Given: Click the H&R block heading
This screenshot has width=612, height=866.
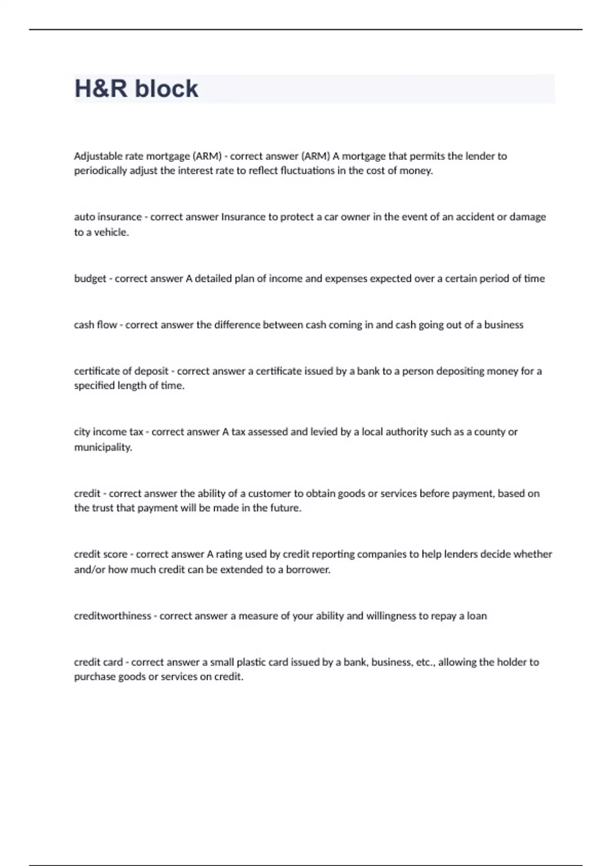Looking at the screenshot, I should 136,89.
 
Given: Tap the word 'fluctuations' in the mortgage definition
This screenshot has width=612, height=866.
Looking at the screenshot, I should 308,171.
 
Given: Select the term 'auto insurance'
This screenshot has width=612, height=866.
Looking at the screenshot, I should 108,217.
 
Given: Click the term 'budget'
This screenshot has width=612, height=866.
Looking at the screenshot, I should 90,279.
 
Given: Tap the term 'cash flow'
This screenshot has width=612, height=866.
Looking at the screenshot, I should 95,325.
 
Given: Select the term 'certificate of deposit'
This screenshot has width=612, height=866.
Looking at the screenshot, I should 121,371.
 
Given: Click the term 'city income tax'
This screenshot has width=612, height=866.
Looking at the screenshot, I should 108,432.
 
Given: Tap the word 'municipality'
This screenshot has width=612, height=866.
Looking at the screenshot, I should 103,448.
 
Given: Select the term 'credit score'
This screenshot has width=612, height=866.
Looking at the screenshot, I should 100,554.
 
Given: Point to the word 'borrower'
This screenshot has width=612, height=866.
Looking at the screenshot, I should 308,570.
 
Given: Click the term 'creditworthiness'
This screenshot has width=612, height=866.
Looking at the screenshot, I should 112,616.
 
